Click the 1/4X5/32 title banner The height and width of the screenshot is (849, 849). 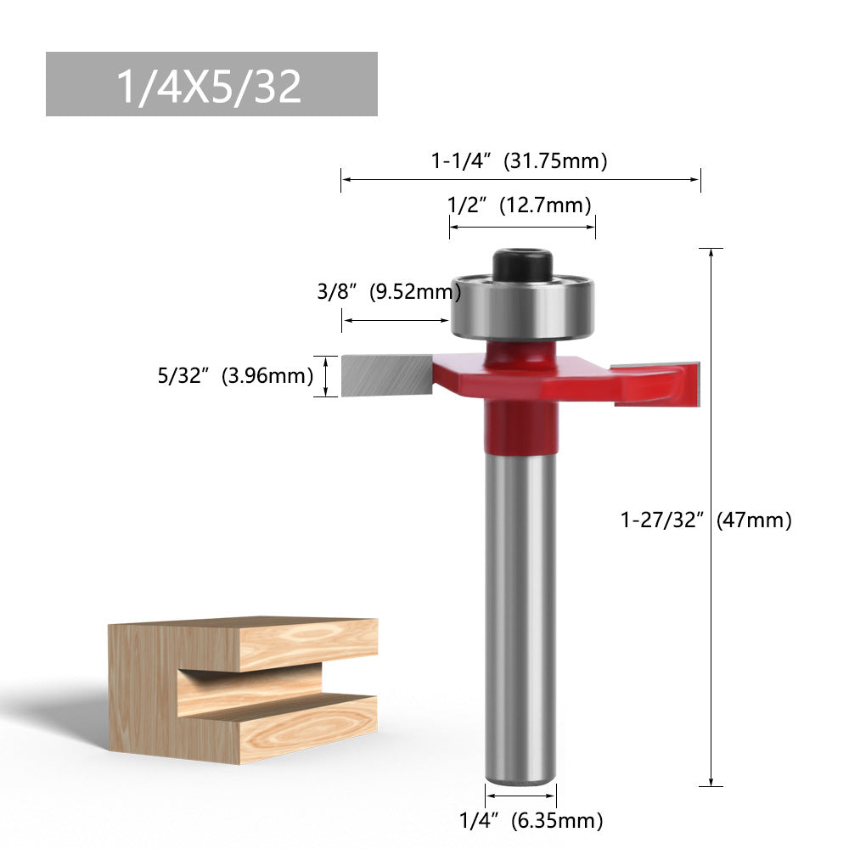(x=211, y=84)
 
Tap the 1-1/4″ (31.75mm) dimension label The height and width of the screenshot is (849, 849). (x=519, y=160)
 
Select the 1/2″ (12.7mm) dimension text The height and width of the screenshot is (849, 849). (x=519, y=205)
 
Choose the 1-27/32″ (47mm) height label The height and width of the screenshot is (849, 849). (x=706, y=519)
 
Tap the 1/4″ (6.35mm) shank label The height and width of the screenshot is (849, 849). (x=531, y=820)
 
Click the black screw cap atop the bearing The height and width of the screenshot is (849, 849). (x=522, y=262)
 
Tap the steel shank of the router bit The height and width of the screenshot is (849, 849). (x=520, y=620)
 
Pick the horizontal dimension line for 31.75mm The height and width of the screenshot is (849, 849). (x=519, y=179)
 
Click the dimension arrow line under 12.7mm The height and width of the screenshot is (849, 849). (x=521, y=227)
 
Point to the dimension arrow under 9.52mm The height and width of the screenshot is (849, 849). (x=396, y=320)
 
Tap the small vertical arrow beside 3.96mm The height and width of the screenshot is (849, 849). (x=326, y=375)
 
